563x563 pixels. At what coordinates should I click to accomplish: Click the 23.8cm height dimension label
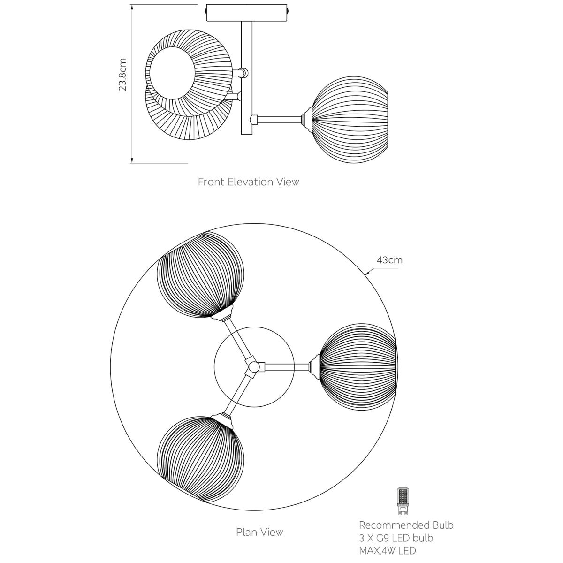pos(123,75)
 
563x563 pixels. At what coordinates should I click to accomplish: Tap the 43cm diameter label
pos(389,260)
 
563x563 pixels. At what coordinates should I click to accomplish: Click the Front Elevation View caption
pos(248,182)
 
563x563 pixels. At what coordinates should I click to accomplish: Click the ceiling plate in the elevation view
pos(247,13)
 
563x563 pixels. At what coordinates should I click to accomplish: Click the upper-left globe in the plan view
pos(201,274)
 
